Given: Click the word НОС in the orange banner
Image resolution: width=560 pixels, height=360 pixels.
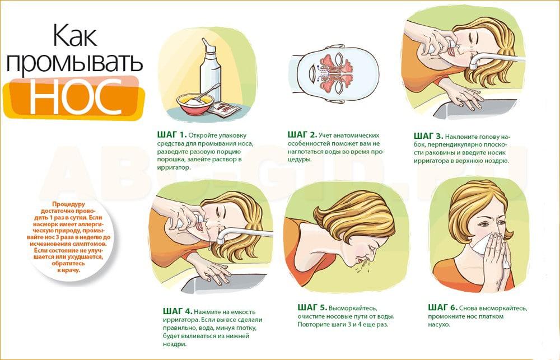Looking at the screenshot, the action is click(76, 97).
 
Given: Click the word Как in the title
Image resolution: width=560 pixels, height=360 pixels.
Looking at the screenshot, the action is click(74, 35).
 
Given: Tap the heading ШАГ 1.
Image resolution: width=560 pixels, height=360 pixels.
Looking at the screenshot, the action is click(172, 134).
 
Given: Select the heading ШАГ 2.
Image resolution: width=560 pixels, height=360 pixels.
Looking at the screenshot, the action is click(302, 134).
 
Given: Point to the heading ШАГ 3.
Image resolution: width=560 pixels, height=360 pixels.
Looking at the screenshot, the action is click(428, 136).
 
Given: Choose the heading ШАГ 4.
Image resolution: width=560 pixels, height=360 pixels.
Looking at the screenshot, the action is click(178, 311).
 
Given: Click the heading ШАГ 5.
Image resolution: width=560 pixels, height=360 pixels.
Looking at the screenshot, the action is click(312, 307).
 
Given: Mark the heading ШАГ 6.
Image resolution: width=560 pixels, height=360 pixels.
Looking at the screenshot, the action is click(443, 307).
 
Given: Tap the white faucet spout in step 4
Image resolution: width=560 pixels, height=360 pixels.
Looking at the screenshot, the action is click(243, 234).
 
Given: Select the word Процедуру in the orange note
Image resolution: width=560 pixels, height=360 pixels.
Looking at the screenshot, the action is click(68, 204).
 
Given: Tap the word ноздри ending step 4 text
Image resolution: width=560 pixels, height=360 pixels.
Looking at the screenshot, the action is click(175, 344).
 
